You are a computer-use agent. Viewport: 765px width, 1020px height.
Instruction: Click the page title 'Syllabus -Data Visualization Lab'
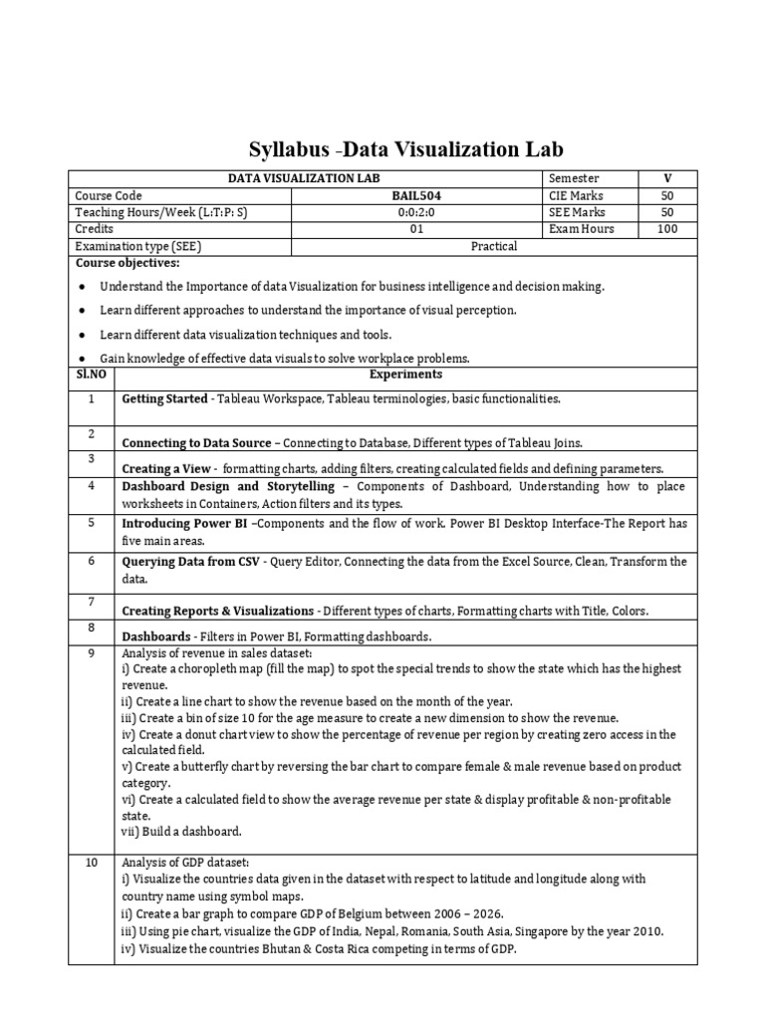tap(405, 149)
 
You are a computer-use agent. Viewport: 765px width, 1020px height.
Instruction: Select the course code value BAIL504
tap(412, 196)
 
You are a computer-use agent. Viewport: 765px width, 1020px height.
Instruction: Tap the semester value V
tap(667, 178)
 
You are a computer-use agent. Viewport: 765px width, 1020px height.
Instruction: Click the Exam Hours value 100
tap(667, 229)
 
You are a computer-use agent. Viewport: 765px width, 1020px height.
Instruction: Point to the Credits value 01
tap(412, 229)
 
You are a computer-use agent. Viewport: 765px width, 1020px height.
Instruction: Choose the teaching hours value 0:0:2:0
tap(412, 212)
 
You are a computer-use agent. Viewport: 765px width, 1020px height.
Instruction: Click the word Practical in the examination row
tap(494, 245)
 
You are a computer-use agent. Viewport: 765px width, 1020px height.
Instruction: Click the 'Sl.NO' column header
tap(91, 375)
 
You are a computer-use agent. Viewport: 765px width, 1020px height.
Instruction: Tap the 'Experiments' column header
tap(404, 375)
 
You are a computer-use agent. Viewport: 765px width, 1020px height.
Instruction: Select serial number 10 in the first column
tap(91, 863)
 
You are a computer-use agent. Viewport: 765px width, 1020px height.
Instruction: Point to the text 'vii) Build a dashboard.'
tap(181, 831)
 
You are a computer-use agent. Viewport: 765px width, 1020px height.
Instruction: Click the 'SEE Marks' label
tap(576, 212)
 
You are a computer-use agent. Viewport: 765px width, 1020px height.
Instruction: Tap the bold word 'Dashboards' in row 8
tap(155, 636)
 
